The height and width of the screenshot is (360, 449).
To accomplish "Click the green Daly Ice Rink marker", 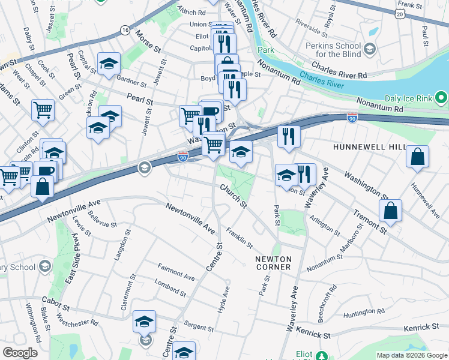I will (x=442, y=97).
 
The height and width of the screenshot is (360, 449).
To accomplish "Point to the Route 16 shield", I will (x=125, y=29).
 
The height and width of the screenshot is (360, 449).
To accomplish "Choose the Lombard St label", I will (x=170, y=287).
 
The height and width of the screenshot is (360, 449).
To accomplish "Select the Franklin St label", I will (x=240, y=238).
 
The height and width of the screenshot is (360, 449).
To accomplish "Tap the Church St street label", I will (x=234, y=197).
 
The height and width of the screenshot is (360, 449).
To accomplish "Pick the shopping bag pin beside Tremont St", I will (x=390, y=211).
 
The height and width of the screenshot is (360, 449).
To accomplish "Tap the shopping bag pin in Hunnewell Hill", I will (x=417, y=157).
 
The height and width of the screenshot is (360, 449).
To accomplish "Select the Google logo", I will (x=20, y=352).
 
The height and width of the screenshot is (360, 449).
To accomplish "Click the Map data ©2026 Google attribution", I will (x=411, y=355).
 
